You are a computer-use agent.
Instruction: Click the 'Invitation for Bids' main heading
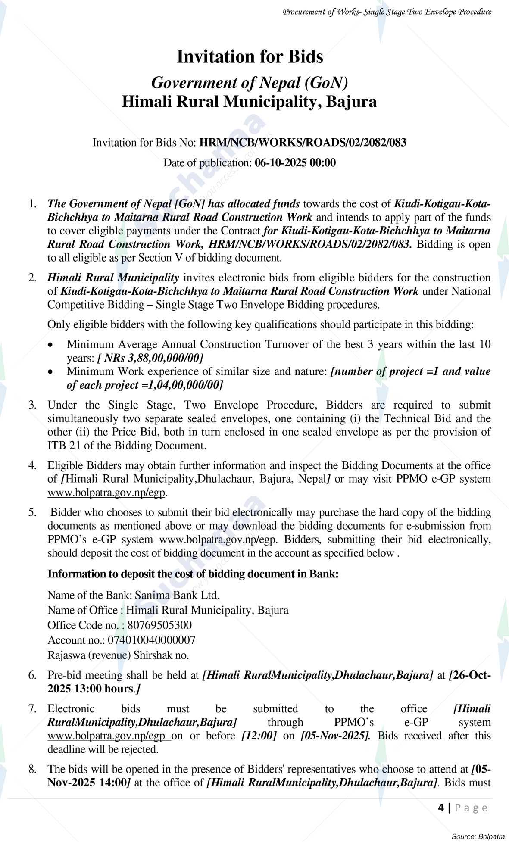250,57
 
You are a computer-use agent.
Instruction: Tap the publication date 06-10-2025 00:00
295,163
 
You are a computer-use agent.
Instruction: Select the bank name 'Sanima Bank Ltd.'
177,595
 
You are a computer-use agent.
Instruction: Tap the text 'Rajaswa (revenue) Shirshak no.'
118,655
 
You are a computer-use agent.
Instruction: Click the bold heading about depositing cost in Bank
193,574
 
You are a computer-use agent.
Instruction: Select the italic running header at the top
387,12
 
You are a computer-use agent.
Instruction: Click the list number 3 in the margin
32,405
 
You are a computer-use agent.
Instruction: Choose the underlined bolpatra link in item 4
106,493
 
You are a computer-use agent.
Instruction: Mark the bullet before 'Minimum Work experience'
51,372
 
